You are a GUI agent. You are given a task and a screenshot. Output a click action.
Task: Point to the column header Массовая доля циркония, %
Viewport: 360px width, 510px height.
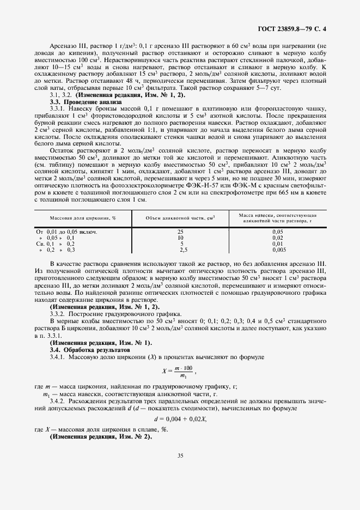coord(83,217)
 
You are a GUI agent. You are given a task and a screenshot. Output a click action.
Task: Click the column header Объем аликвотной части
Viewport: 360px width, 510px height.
coord(180,217)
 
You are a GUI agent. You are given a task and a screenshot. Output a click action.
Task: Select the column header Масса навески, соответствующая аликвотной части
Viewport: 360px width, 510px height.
coord(278,217)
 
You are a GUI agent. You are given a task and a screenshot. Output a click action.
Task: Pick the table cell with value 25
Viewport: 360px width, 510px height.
coord(180,232)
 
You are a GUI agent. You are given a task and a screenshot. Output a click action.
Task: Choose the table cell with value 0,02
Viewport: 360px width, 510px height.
coord(278,238)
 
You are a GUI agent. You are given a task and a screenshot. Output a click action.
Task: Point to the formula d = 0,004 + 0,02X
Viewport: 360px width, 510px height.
coord(180,418)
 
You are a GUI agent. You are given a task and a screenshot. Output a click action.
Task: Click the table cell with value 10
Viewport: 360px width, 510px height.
coord(180,238)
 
